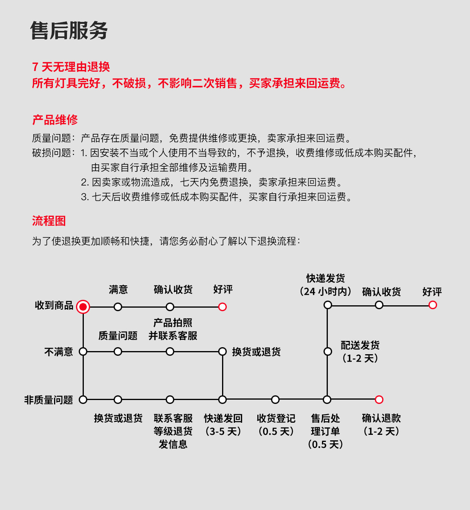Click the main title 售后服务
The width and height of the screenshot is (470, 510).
(69, 31)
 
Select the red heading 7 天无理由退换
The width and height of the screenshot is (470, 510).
(71, 67)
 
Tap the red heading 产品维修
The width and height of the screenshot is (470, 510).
(55, 120)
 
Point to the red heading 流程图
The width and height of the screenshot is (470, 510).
(49, 221)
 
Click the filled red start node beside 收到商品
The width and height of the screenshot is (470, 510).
(83, 307)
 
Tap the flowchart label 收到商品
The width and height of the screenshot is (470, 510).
(54, 305)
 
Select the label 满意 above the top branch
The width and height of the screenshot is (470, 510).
(118, 290)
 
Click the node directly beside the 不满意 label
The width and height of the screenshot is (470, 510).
(83, 351)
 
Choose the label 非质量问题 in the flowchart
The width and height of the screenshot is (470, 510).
(49, 400)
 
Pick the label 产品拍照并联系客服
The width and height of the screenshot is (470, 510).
(173, 329)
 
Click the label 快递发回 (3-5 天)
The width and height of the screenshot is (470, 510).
(223, 425)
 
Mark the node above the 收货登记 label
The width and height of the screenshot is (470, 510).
(275, 400)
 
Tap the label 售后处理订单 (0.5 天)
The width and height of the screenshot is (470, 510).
(325, 431)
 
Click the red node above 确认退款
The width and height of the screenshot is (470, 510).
(379, 400)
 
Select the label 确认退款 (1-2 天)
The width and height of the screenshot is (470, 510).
(381, 425)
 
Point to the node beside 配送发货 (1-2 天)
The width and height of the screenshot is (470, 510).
(328, 351)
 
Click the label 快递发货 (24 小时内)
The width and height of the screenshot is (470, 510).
(325, 285)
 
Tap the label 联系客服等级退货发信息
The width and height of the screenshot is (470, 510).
(173, 431)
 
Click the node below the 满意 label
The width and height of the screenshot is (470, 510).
(118, 307)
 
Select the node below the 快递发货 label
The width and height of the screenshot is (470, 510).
(328, 305)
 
